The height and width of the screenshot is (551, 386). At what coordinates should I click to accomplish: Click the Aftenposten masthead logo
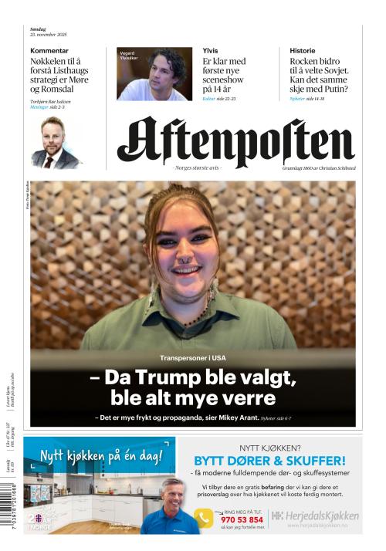point(235,143)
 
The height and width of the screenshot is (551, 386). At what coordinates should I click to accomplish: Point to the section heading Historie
point(303,50)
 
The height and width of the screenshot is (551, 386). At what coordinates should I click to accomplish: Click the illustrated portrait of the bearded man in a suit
point(56,144)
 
